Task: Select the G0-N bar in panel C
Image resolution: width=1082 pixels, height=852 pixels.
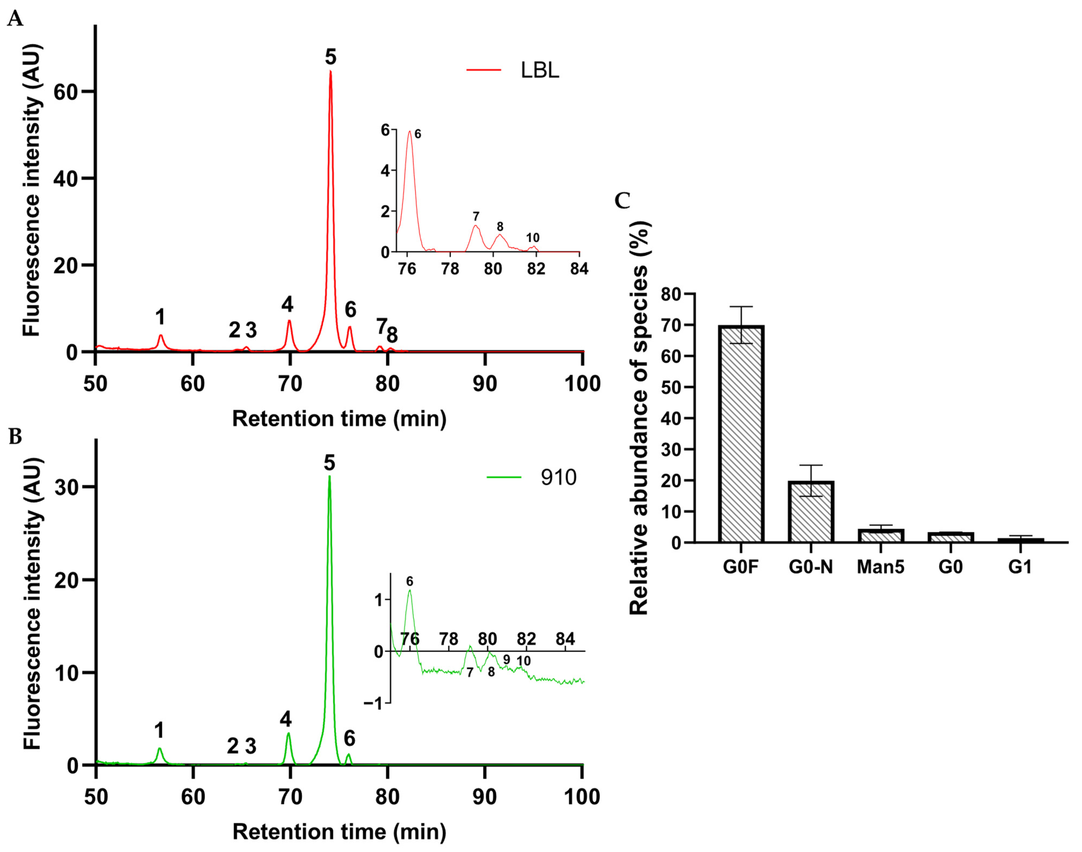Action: (x=811, y=511)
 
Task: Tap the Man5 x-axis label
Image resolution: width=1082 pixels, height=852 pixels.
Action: (x=880, y=567)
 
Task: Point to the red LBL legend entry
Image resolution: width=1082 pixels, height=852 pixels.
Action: (x=514, y=70)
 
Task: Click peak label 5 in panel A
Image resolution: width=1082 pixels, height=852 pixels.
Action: (x=330, y=57)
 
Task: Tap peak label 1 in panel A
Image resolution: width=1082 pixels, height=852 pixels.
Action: (x=160, y=317)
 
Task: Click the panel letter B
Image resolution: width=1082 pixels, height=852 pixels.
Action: (x=15, y=437)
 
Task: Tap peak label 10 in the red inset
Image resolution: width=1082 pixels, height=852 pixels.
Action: (x=533, y=238)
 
